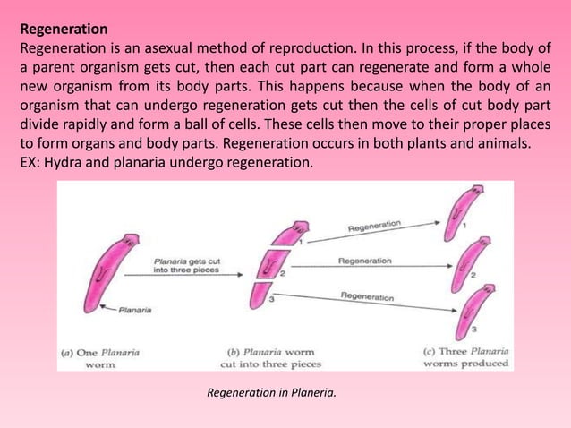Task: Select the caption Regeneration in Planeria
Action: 271,391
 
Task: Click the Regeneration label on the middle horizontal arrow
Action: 364,261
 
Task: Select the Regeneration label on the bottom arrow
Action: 367,295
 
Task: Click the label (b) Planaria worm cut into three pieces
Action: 271,357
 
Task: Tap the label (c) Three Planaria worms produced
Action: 465,356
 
